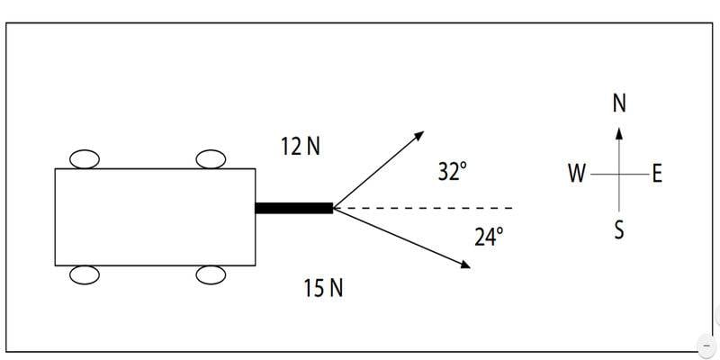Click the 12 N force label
tap(301, 147)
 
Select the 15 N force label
tap(323, 288)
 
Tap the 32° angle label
tap(453, 172)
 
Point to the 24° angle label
tap(489, 238)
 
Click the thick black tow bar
tap(294, 208)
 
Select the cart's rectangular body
tap(155, 217)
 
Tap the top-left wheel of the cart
tap(85, 159)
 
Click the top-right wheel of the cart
tap(211, 159)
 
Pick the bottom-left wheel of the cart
tap(85, 275)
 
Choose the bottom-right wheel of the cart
tap(211, 275)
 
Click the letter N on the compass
tap(619, 103)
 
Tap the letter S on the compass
tap(619, 230)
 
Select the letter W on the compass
tap(577, 174)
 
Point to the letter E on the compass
tap(657, 175)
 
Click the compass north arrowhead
tap(619, 132)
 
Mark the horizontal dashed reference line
tap(423, 208)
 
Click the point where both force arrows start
tap(334, 208)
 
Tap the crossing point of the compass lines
tap(619, 175)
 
